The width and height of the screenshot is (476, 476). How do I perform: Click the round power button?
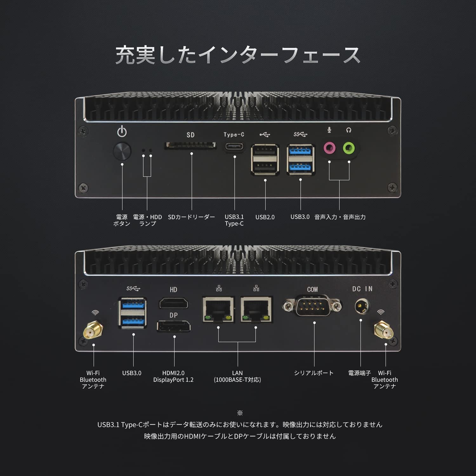click(122, 151)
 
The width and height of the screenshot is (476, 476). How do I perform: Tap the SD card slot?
click(190, 146)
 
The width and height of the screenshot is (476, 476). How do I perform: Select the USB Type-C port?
click(235, 147)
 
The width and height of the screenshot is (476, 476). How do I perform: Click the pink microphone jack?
click(330, 148)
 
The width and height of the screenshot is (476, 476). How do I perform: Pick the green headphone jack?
click(349, 148)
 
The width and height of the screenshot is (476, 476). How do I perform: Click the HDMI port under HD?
click(174, 303)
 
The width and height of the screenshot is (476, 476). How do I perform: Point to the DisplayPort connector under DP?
click(174, 326)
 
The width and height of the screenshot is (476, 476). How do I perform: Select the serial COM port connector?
click(312, 306)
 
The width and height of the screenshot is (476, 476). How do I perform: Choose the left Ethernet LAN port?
click(219, 309)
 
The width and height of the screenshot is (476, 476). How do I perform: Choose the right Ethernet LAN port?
click(256, 309)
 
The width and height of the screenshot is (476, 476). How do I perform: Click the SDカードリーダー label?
click(191, 217)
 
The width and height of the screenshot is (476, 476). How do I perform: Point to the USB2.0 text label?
click(265, 217)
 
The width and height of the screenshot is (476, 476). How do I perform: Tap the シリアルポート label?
click(314, 373)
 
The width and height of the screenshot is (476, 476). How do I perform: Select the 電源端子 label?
click(360, 373)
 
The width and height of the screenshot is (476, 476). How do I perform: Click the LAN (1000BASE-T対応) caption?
click(237, 376)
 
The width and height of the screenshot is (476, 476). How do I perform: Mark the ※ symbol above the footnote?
click(240, 413)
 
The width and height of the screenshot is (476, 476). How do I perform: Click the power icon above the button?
click(122, 131)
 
